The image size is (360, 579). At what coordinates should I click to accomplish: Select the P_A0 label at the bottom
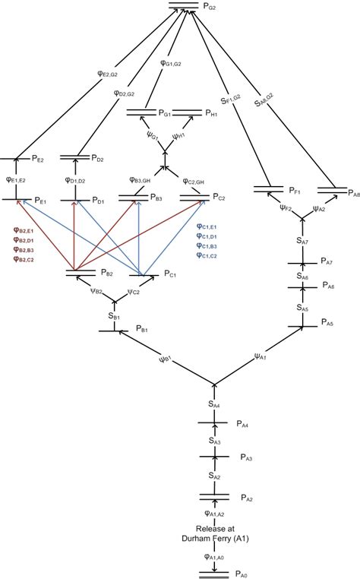click(242, 571)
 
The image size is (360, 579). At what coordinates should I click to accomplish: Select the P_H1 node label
click(213, 113)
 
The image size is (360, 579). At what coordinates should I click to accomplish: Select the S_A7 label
click(303, 241)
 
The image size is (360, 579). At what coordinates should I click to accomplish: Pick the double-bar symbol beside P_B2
click(74, 271)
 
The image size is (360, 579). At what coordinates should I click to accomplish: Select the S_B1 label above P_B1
click(114, 314)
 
